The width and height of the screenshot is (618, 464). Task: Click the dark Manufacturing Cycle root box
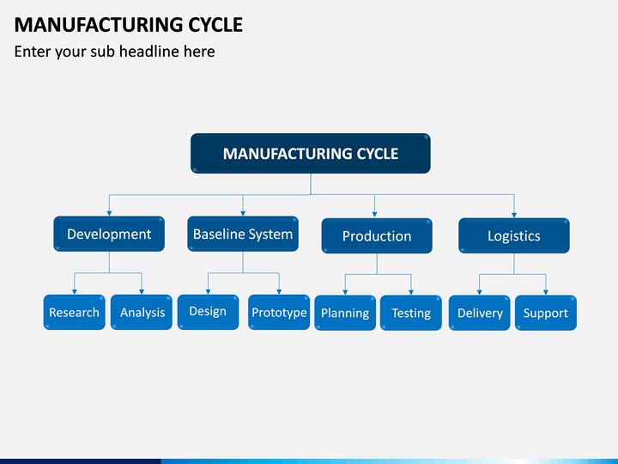coord(311,154)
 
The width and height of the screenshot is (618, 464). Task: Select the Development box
coord(109,234)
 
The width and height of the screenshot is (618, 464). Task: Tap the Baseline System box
coord(243,234)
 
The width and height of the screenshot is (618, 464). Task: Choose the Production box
coord(377,235)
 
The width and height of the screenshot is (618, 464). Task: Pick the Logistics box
coord(514,235)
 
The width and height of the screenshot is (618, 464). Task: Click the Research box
coord(74,312)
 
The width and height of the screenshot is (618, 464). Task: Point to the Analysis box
coord(142,312)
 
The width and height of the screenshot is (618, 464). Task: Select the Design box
coord(208,312)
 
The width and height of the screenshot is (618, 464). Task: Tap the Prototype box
coord(279,312)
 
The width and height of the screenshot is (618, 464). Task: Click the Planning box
coord(345,313)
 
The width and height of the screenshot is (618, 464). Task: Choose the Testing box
coord(411,313)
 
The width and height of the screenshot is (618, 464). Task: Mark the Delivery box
coord(480,313)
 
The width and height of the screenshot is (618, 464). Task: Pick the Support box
coord(546,313)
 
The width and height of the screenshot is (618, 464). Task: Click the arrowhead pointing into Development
coord(109,213)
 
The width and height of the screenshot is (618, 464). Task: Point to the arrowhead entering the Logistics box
coord(514,216)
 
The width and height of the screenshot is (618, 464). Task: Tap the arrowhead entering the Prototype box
coord(279,292)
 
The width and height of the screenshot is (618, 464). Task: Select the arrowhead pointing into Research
coord(74,292)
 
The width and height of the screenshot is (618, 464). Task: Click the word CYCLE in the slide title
coord(215,25)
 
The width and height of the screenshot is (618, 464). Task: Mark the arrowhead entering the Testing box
coord(411,293)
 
